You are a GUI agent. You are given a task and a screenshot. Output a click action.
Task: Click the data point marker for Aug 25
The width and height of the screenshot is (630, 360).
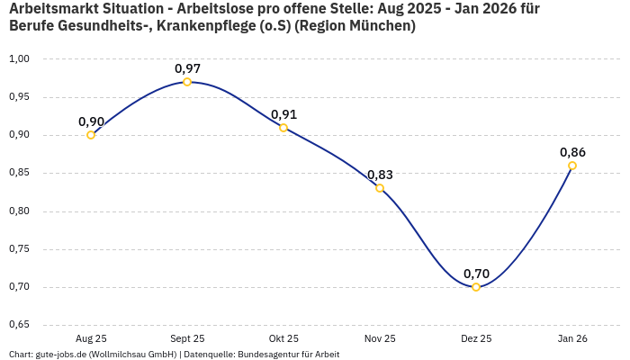[91, 135]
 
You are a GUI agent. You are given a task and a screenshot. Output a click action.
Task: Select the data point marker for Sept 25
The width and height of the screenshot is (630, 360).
[187, 82]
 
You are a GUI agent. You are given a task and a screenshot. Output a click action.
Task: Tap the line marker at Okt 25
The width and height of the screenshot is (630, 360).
[283, 128]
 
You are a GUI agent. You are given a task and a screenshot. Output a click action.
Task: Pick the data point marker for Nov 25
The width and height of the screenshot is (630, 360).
[380, 188]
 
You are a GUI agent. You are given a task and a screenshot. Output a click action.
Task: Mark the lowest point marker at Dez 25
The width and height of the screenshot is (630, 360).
[476, 287]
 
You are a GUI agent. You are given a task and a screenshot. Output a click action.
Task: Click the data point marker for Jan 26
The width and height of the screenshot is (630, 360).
[572, 166]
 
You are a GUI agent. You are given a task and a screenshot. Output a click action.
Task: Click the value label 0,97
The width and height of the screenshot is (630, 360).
[187, 68]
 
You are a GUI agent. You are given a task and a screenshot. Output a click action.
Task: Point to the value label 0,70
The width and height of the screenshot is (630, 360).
[476, 274]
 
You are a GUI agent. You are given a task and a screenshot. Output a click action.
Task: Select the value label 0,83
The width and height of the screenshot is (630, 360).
[380, 175]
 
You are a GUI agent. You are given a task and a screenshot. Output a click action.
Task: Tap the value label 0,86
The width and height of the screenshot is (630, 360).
[572, 152]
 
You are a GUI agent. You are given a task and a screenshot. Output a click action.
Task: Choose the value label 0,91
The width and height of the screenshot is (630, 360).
[283, 114]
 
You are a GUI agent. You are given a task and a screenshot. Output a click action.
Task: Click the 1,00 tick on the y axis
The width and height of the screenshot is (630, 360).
[19, 58]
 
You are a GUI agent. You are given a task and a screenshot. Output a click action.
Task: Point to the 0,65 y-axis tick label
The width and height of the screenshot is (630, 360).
[19, 325]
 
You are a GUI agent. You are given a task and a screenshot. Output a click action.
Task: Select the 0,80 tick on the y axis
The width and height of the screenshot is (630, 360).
[19, 211]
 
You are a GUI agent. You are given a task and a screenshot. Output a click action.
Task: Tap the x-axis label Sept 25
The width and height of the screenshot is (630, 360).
[187, 338]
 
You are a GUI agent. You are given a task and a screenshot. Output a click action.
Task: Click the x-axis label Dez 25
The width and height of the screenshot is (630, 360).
[476, 338]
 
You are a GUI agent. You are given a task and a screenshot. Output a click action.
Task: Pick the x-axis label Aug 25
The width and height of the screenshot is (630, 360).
[91, 338]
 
